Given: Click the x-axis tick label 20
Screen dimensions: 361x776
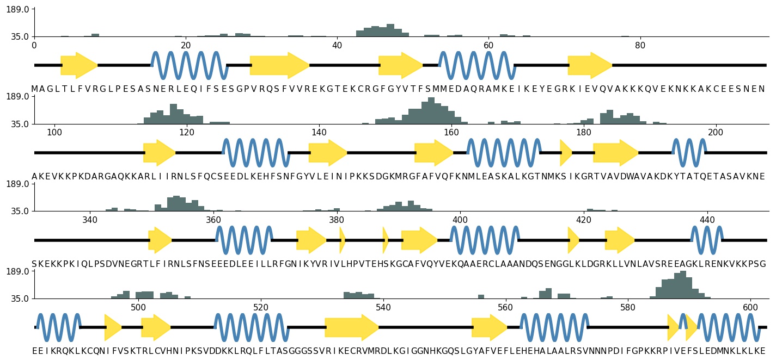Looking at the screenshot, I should coord(186,45).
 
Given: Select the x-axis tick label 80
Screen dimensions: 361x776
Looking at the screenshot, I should coord(640,45).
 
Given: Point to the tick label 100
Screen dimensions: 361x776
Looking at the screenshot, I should coord(54,132).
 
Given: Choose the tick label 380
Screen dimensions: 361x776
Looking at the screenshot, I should coord(337,220).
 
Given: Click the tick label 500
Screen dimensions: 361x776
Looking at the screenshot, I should coord(138,307).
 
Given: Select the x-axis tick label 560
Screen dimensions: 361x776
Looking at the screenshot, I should coord(506,307).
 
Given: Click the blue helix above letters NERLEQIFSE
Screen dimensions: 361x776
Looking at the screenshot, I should coord(189,66).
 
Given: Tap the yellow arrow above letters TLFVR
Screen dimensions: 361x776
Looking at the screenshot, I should coord(79,66).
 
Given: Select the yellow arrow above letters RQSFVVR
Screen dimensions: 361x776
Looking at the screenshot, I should coord(279,66).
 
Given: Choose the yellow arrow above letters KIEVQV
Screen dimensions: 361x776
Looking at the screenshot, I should coord(590,66).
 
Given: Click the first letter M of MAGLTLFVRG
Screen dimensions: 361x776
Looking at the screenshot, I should coord(35,89).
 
